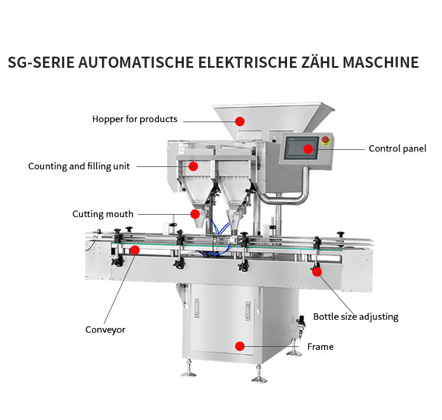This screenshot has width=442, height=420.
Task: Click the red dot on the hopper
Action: (x=240, y=122)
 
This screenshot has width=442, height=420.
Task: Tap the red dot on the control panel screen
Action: (x=308, y=149)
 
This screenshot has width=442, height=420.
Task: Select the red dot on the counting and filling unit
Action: (x=193, y=166)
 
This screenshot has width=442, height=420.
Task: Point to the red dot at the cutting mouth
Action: (x=195, y=214)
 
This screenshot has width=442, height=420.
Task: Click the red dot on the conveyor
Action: (x=135, y=250)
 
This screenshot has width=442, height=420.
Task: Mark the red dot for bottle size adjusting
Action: (x=317, y=271)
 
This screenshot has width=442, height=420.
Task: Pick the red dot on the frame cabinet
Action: (x=240, y=346)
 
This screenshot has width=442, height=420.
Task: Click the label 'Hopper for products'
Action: (x=135, y=119)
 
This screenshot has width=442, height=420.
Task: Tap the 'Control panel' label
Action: (x=397, y=149)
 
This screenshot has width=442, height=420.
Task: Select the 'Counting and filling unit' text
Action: (x=79, y=166)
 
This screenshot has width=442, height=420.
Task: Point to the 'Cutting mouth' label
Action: (x=103, y=214)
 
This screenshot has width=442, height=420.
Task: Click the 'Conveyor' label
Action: (x=105, y=330)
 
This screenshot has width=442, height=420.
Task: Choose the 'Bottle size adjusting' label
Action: (x=356, y=317)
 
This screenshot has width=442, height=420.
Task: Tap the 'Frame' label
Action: (x=320, y=347)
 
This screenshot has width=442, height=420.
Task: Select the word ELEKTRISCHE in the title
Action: (x=248, y=63)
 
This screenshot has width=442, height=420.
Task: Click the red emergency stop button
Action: (x=325, y=140)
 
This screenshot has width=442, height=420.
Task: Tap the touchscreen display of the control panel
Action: (x=301, y=148)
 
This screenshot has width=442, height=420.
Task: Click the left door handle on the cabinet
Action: (x=196, y=309)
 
